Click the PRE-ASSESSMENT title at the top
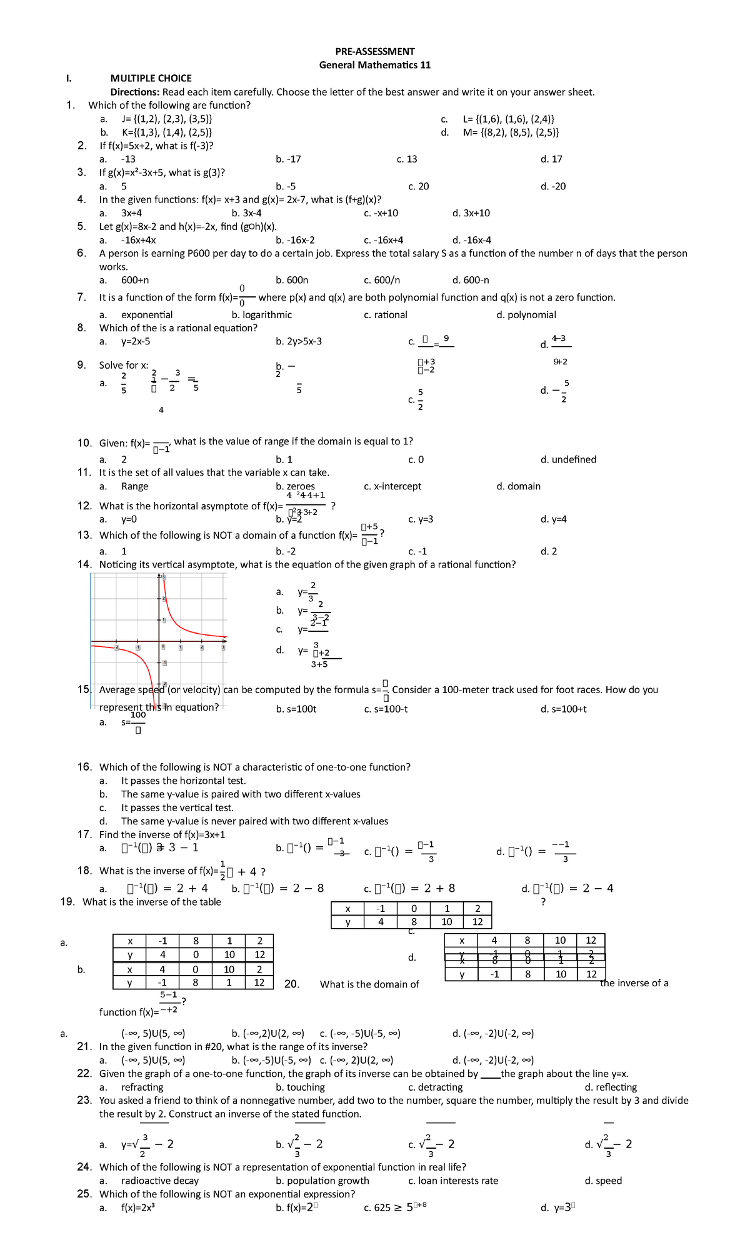(374, 51)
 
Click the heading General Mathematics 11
(374, 65)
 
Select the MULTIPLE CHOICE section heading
(151, 78)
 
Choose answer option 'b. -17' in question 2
(288, 159)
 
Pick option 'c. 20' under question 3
(418, 186)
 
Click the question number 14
(84, 564)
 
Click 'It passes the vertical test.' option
(177, 807)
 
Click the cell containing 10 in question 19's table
(446, 922)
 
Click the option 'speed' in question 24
(609, 1181)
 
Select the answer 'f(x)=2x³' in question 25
(137, 1208)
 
